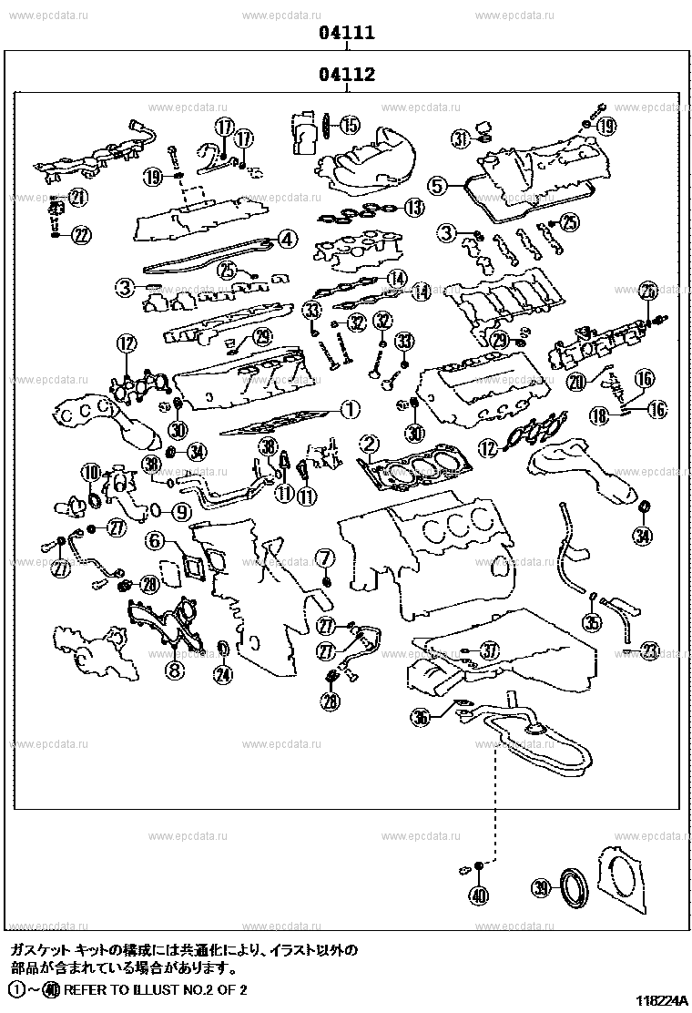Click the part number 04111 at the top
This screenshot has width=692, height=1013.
(x=347, y=34)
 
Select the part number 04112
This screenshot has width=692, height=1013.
(x=347, y=75)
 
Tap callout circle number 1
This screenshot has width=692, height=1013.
(x=351, y=410)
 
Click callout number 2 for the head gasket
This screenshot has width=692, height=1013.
(x=369, y=445)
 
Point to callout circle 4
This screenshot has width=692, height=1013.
(x=286, y=240)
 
